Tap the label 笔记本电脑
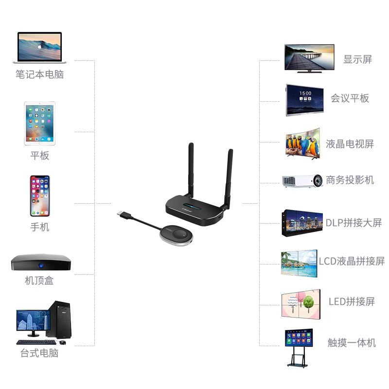tap(39, 74)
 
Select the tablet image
tap(39, 123)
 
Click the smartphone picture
tap(39, 195)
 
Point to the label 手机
tap(39, 227)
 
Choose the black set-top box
tap(41, 263)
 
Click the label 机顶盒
tap(39, 281)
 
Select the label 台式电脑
tap(39, 353)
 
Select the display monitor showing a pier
tap(309, 57)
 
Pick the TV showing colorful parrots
tap(303, 143)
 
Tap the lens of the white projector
tap(317, 181)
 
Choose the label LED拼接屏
tap(352, 301)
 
